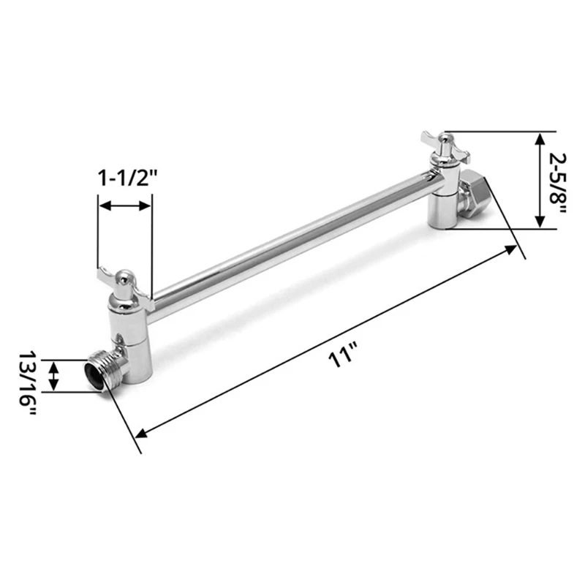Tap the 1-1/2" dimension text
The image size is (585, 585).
tap(129, 178)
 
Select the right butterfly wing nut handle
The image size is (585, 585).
tap(442, 143)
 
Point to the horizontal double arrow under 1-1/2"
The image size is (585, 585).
tap(125, 206)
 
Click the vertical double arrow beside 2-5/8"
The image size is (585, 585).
tap(540, 180)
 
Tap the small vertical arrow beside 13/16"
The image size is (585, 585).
tap(53, 376)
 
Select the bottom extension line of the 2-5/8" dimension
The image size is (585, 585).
tap(497, 229)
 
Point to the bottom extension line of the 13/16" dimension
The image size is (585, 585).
tap(69, 392)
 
